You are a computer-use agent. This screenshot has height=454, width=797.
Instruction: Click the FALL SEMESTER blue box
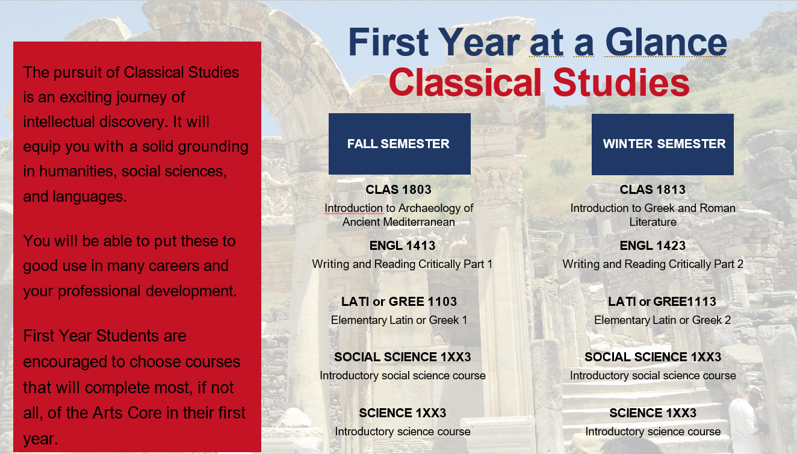click(400, 144)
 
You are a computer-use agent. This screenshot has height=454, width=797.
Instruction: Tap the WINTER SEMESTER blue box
click(663, 144)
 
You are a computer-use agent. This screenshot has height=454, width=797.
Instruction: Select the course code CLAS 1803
click(398, 190)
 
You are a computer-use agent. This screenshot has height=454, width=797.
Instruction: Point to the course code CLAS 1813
click(653, 190)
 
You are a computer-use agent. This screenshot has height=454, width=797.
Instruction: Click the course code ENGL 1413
click(403, 246)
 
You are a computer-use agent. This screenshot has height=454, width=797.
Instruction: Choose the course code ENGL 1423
click(653, 246)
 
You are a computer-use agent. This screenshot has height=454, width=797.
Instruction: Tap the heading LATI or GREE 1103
click(399, 302)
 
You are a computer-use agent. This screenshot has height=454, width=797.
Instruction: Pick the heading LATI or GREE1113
click(662, 302)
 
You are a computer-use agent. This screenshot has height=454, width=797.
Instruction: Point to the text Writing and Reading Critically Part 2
click(653, 264)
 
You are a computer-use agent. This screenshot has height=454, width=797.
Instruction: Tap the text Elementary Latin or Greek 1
click(399, 320)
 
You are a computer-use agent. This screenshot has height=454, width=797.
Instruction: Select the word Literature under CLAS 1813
click(653, 222)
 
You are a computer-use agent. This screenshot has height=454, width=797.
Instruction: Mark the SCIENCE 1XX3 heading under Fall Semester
click(403, 413)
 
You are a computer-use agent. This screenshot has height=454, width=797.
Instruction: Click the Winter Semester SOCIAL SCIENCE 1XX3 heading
click(653, 357)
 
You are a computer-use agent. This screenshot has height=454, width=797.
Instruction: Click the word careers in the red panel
click(173, 266)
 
